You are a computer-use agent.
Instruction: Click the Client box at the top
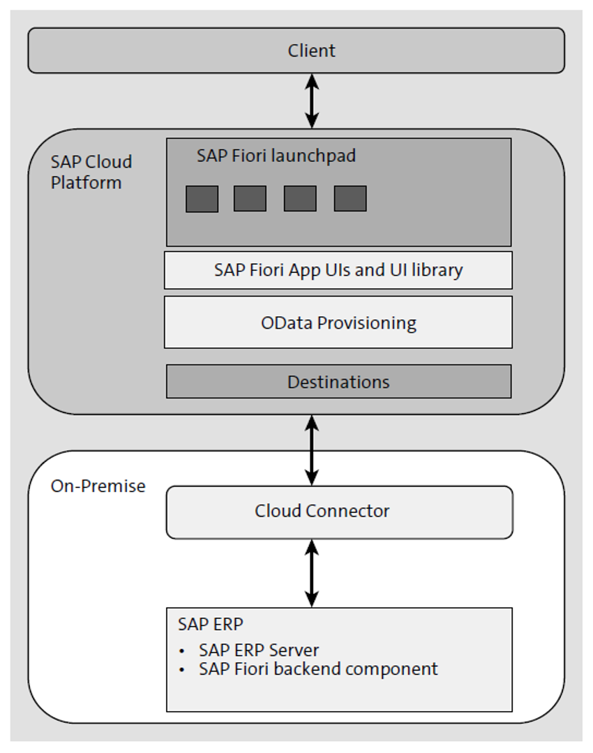pos(296,50)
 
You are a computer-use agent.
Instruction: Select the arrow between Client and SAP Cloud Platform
pos(312,100)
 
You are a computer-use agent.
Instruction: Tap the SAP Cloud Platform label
pos(91,172)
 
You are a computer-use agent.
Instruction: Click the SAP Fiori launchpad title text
pos(276,156)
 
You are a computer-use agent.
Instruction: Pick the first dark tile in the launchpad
pos(202,199)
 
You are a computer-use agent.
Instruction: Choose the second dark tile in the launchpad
pos(250,199)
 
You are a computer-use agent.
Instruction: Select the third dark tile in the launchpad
pos(300,199)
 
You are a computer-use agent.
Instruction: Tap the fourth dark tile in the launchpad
pos(350,199)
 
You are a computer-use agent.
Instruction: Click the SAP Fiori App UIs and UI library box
pos(338,270)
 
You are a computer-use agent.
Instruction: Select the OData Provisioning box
pos(338,322)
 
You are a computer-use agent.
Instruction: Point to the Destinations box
pos(338,382)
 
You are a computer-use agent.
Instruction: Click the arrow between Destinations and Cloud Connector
pos(312,450)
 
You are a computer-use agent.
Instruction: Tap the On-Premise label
pos(98,486)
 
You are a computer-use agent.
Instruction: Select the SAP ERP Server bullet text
pos(258,650)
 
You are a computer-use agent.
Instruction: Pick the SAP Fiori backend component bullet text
pos(318,669)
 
